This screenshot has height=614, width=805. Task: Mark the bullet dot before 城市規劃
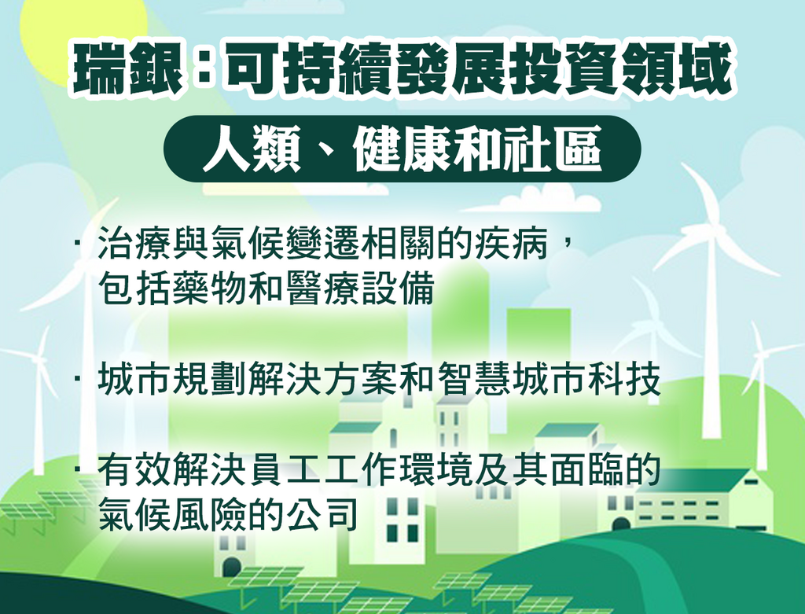[x=78, y=380]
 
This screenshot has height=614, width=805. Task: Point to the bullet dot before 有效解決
[x=78, y=469]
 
